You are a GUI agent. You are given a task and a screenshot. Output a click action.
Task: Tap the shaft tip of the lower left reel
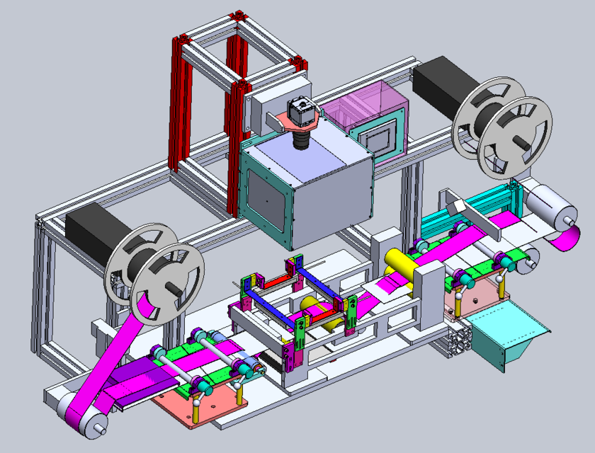173,287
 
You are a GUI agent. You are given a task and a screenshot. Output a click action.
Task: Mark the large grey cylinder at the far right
550,206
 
